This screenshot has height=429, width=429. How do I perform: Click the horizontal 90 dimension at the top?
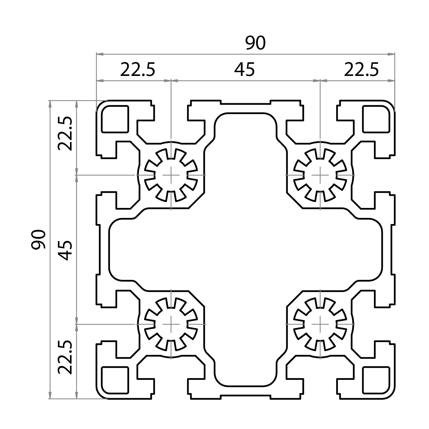point(255,43)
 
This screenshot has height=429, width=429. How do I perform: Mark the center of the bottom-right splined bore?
point(320,324)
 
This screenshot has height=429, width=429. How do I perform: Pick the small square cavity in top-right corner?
point(376,119)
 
